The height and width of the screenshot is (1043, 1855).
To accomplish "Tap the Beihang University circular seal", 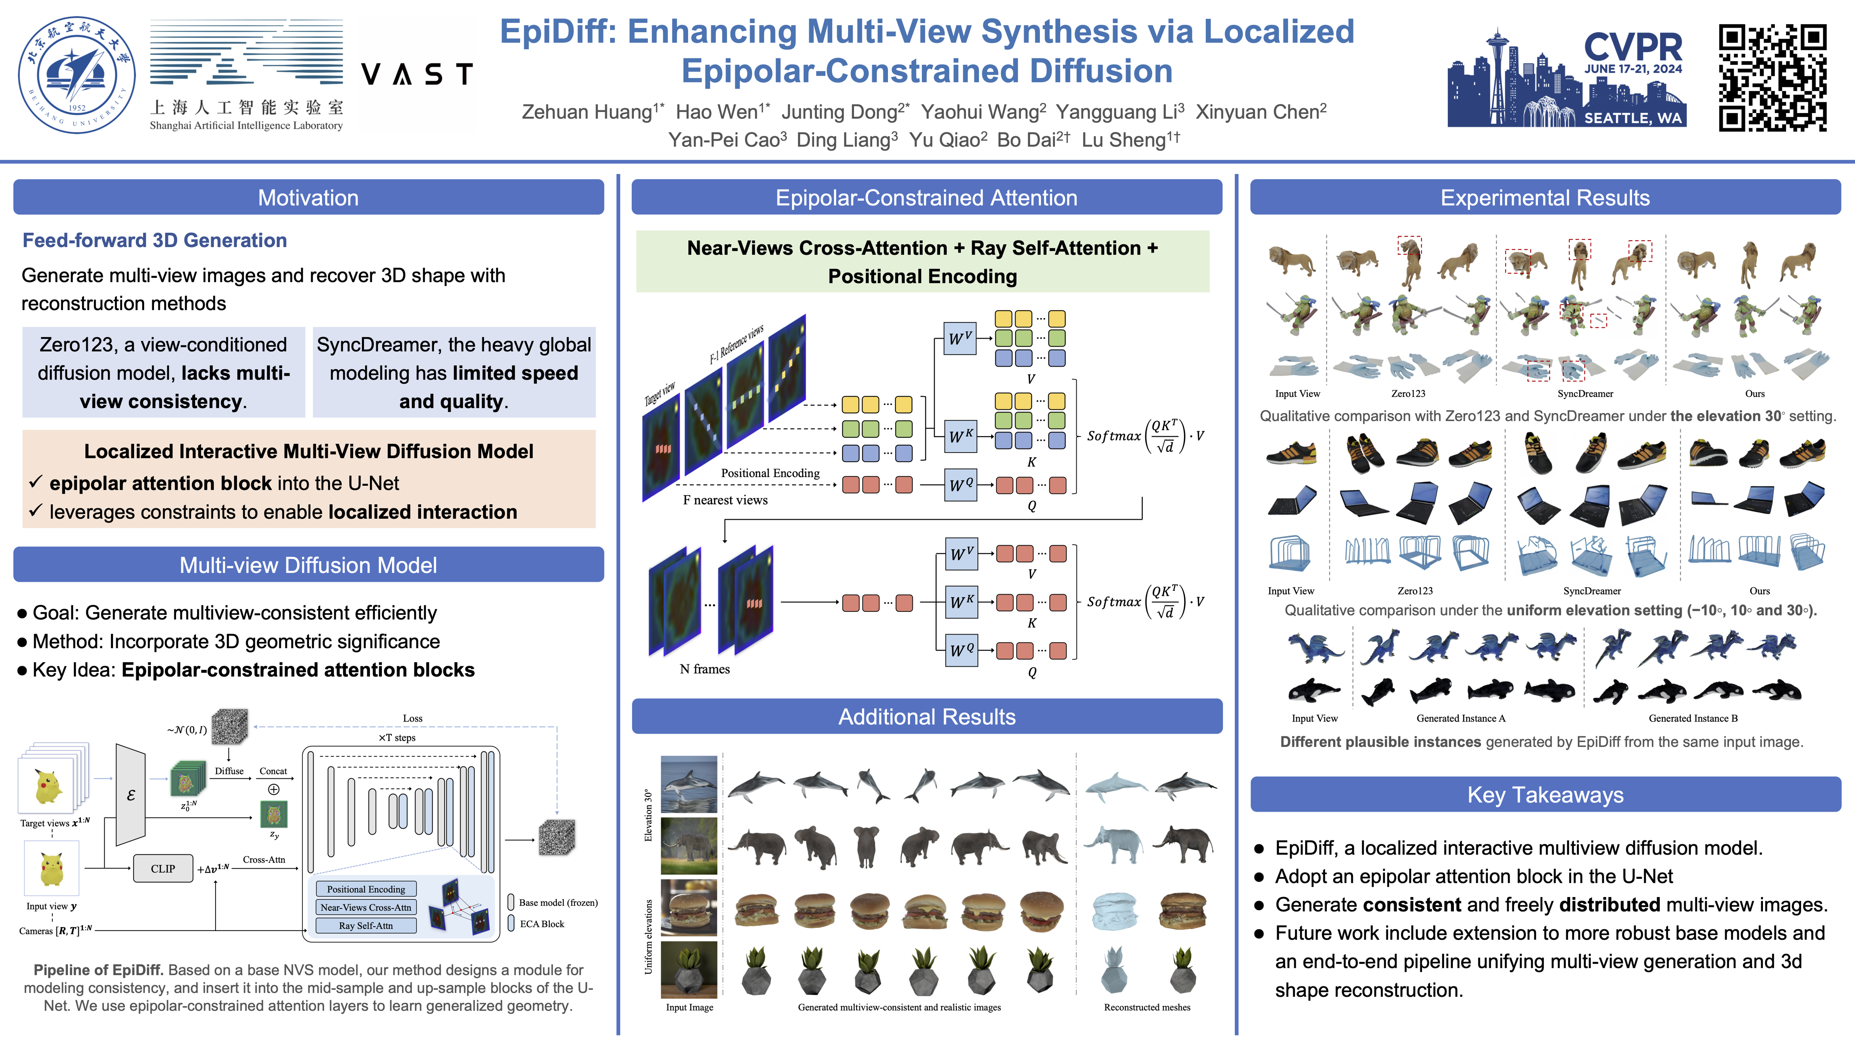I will click(x=76, y=75).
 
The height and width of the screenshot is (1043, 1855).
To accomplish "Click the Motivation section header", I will click(x=308, y=197).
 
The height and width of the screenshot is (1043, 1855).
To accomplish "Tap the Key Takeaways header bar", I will click(x=1545, y=794).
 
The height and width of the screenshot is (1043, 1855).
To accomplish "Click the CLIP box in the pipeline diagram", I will click(x=163, y=869).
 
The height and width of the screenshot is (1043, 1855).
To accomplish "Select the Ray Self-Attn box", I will click(x=366, y=926).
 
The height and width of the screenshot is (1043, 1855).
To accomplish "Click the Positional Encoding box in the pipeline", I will click(x=366, y=890).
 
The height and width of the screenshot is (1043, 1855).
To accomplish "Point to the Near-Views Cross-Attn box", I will click(x=366, y=908).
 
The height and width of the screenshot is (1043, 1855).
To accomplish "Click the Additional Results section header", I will click(x=927, y=717).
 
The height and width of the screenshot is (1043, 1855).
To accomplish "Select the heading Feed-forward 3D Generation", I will click(x=155, y=241).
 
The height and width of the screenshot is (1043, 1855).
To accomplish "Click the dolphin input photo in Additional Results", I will click(x=689, y=784).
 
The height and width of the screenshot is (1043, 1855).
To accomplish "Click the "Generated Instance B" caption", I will click(x=1693, y=718).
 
